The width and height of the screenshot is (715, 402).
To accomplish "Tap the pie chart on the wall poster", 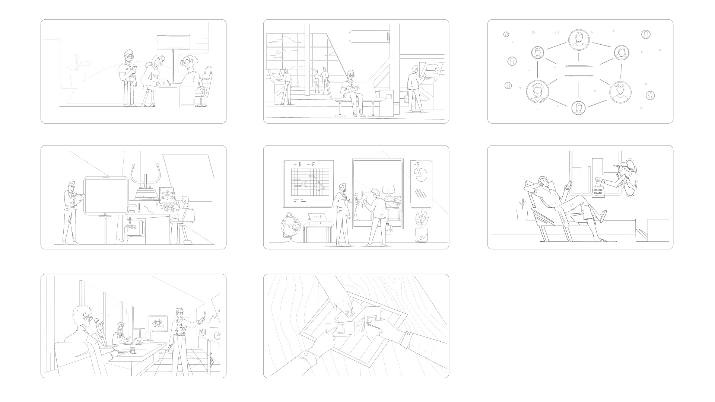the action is pos(421,175).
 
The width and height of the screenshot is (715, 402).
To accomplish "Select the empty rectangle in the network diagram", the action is pos(579,71).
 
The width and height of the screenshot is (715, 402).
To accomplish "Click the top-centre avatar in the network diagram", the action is pos(578,40).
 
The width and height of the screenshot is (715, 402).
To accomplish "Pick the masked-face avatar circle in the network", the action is pos(537,91).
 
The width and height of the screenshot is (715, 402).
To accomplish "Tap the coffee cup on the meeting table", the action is pos(132,350).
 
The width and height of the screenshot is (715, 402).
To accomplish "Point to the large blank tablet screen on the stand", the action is pos(106,196).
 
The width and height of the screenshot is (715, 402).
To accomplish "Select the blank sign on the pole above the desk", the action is pos(173,42).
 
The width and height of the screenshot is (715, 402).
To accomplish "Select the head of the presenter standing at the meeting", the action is pos(179,313).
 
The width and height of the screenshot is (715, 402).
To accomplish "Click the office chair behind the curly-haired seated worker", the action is pos(206,86).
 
